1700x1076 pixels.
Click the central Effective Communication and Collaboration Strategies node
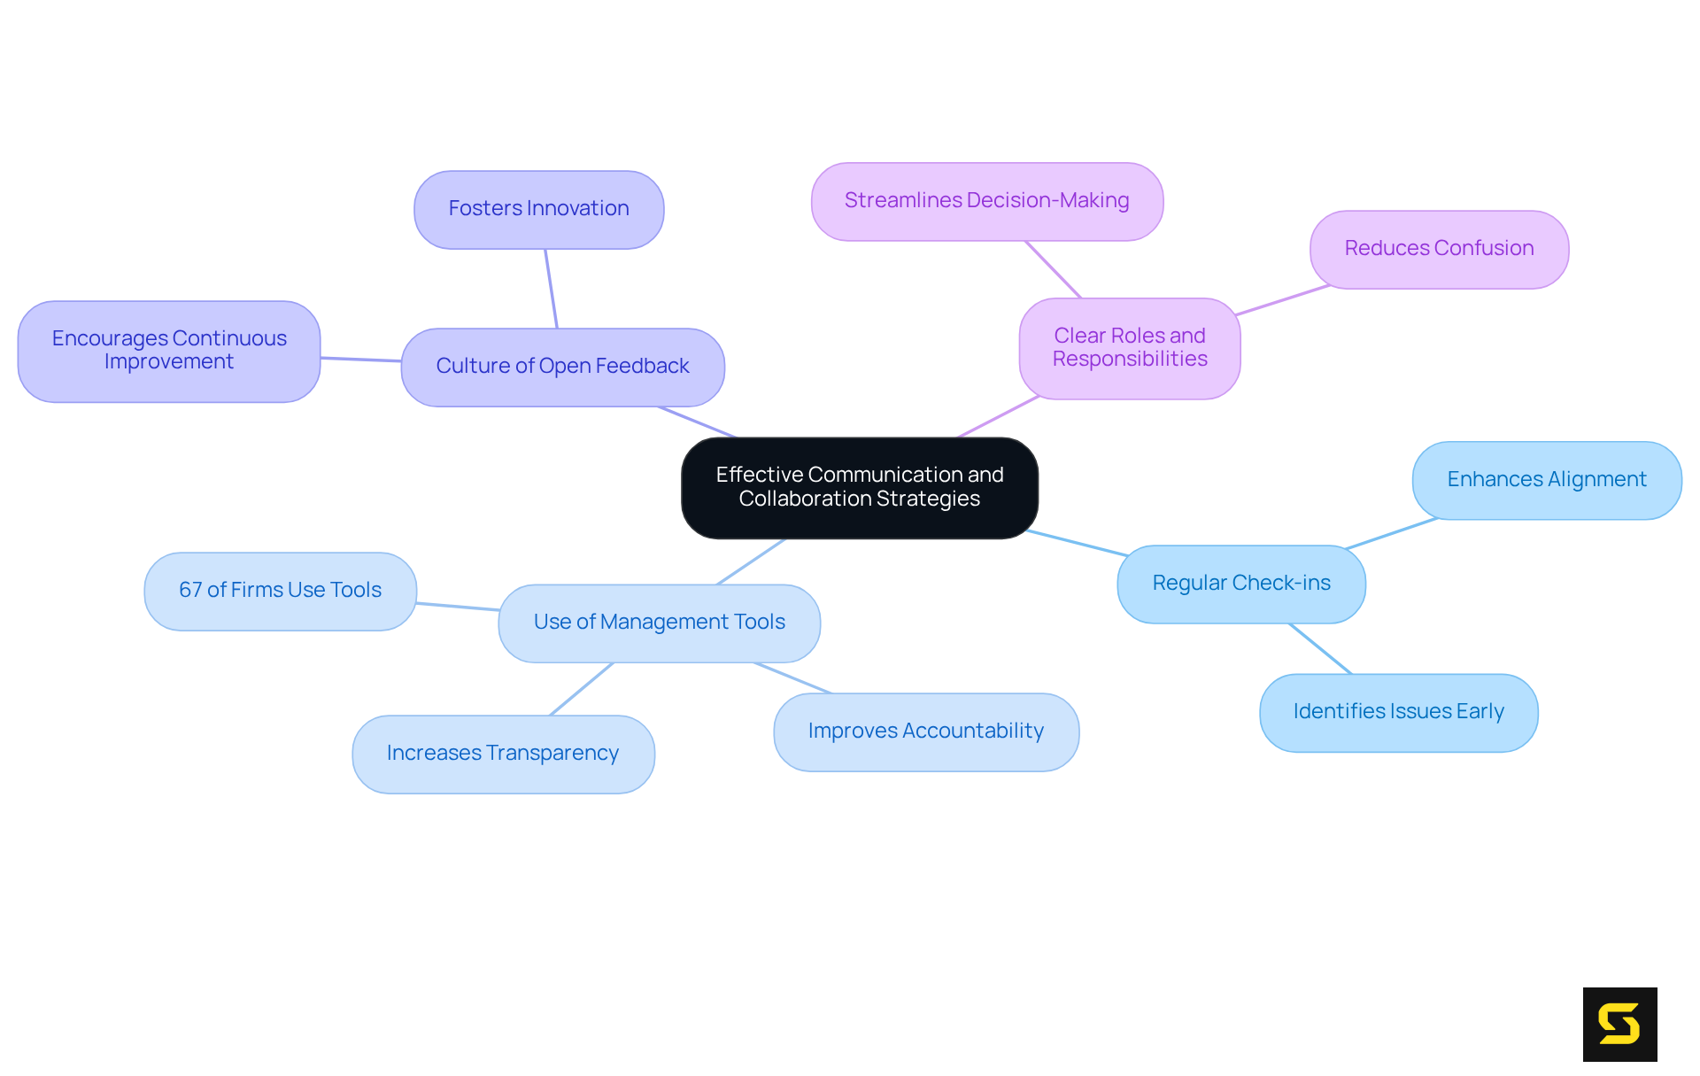859,487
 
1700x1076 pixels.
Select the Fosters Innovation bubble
538,209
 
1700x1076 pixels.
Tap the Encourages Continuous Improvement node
168,351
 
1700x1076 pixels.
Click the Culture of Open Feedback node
562,367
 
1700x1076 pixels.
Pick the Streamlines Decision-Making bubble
986,201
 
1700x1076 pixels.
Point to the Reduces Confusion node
1439,249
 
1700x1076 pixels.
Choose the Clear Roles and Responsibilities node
1129,348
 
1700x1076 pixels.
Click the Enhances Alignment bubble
1546,480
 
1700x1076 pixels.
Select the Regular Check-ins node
1240,584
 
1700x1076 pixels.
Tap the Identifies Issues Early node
1398,712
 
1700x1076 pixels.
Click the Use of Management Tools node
659,623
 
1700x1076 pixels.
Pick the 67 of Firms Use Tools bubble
280,591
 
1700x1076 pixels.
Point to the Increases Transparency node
503,754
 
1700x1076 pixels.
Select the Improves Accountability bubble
925,732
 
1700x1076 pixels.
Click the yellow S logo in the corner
1619,1024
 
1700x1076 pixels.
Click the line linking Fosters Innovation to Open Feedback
551,289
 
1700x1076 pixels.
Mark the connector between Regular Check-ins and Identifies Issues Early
1320,648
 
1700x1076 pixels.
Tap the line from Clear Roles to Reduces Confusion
1282,299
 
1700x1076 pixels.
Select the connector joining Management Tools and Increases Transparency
582,688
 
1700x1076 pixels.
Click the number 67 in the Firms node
189,591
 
